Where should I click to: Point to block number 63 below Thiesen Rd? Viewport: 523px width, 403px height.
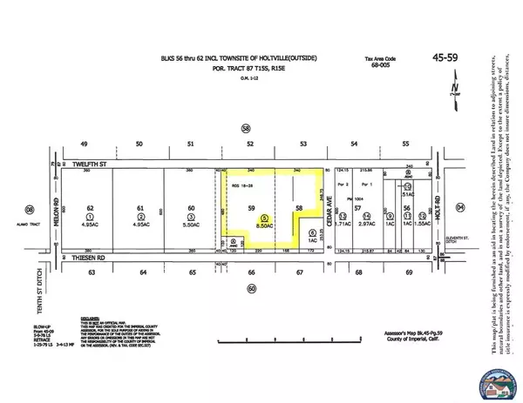[x=89, y=272]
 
